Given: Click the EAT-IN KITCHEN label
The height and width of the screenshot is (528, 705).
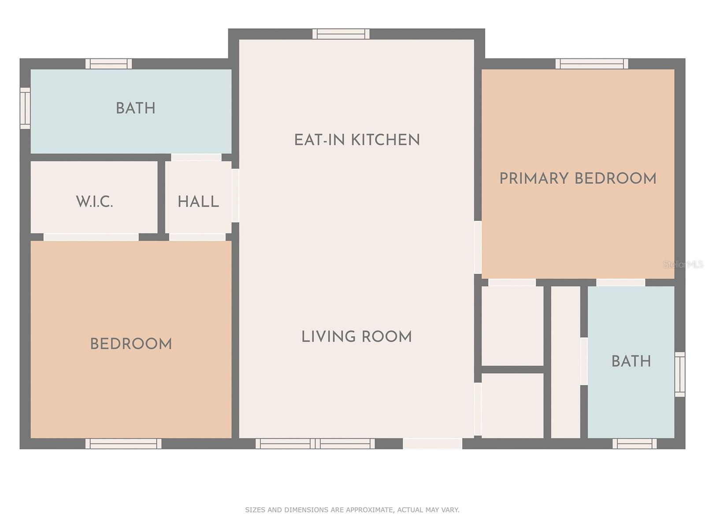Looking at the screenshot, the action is tap(357, 140).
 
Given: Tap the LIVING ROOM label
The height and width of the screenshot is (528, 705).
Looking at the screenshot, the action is tap(356, 337).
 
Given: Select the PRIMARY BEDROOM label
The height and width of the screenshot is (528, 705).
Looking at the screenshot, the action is tap(578, 178).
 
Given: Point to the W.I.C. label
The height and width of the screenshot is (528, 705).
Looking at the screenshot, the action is tap(94, 202).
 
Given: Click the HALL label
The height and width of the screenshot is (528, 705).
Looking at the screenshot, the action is tap(198, 202).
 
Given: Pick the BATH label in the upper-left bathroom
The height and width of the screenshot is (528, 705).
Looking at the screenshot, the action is tap(136, 108).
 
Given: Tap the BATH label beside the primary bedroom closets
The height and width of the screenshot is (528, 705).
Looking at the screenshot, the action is tap(631, 361).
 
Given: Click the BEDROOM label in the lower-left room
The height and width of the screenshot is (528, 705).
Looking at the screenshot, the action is tap(131, 344).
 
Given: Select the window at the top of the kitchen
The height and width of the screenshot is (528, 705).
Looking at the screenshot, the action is tap(341, 34).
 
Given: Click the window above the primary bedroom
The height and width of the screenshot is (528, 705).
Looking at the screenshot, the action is tap(592, 64).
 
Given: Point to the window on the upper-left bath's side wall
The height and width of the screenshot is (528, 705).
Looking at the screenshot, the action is tap(25, 108).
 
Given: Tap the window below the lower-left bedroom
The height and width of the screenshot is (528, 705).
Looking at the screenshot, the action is tap(124, 444).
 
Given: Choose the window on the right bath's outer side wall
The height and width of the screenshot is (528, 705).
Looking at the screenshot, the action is tap(679, 374).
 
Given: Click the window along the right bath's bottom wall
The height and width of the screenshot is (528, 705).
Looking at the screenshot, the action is tap(634, 444).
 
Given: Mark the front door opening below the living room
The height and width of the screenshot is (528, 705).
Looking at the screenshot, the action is tap(433, 444).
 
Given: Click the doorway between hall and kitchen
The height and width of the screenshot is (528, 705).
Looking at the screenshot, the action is tap(235, 195).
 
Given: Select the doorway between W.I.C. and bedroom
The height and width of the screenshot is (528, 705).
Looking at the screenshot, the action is tap(91, 237).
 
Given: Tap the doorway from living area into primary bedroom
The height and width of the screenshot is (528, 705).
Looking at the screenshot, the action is tap(478, 247).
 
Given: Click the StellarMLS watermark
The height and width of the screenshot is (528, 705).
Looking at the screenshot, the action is tap(683, 264).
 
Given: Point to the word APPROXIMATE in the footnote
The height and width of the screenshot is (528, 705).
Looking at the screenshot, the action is tap(371, 510).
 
